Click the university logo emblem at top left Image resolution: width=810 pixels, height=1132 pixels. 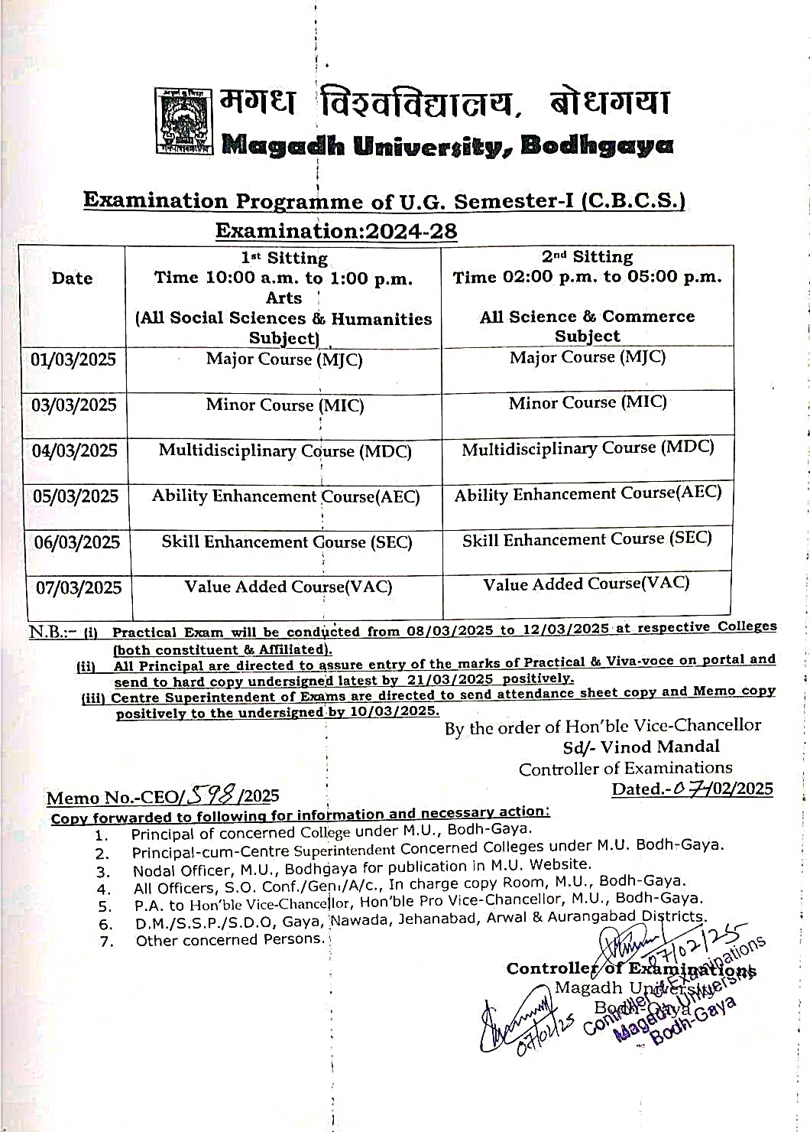click(183, 121)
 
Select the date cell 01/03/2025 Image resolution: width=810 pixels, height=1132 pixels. click(73, 359)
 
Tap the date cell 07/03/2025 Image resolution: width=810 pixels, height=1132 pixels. click(79, 588)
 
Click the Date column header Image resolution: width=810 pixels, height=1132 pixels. click(72, 278)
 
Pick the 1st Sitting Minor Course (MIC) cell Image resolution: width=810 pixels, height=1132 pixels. click(284, 405)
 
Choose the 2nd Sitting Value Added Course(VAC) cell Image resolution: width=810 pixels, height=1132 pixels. click(586, 584)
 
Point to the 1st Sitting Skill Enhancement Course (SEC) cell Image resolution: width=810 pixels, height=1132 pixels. click(287, 542)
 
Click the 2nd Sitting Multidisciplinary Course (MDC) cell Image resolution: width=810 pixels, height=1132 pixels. click(588, 448)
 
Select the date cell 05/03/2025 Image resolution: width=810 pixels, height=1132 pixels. click(76, 496)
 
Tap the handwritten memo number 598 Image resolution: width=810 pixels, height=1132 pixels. click(212, 795)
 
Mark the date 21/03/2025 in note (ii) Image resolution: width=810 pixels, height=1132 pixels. click(449, 679)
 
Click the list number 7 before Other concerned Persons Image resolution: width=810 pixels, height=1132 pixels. click(106, 942)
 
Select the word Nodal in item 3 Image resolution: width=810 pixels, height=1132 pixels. click(155, 870)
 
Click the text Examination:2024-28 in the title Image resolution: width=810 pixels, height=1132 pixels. click(336, 231)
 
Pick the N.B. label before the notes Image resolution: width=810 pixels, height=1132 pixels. click(52, 633)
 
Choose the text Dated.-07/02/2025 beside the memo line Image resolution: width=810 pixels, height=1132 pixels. click(692, 789)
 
